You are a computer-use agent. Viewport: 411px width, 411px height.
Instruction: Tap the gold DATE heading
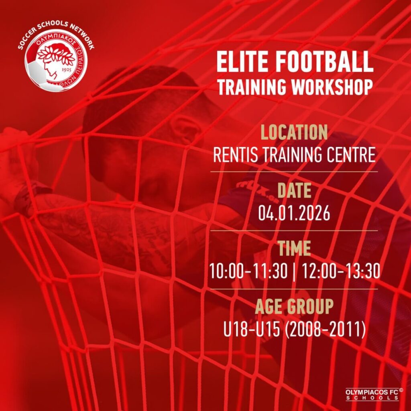click(294, 191)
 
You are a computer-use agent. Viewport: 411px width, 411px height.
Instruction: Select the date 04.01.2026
click(294, 214)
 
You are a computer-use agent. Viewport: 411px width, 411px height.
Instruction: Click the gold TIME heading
click(294, 248)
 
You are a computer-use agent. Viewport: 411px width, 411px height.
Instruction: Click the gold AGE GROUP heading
click(294, 306)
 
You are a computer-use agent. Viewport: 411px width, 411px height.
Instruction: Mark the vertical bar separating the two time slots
click(295, 272)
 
